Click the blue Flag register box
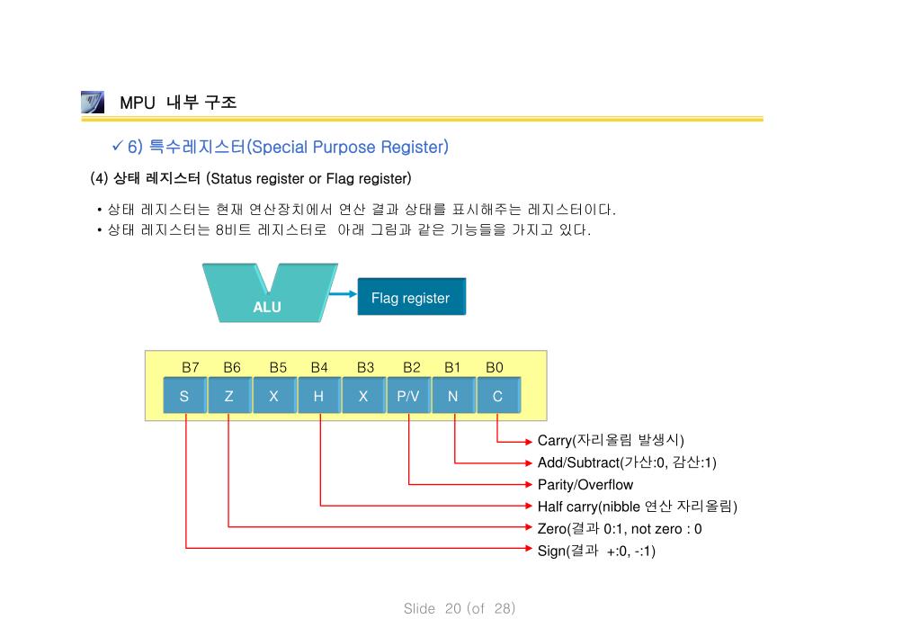[x=411, y=297]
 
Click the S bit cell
[x=184, y=396]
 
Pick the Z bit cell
[x=229, y=396]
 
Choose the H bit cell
[x=318, y=396]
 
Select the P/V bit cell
[x=408, y=396]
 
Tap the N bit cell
[x=452, y=396]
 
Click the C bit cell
[x=497, y=396]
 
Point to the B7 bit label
[x=191, y=367]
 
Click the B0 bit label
[x=495, y=367]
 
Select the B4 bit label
[x=319, y=367]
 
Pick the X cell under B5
[x=273, y=396]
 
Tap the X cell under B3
[x=363, y=396]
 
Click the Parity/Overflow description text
[x=585, y=485]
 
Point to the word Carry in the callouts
[x=555, y=441]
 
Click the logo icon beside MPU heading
[x=92, y=102]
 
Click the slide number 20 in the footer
[x=452, y=609]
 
